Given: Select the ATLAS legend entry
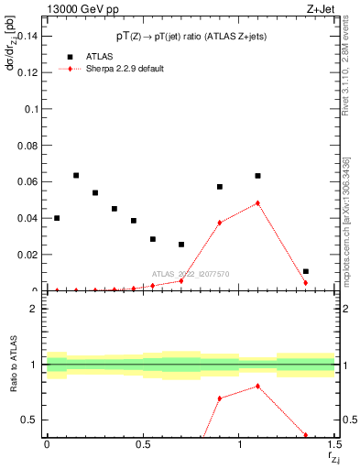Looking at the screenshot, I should (100, 56).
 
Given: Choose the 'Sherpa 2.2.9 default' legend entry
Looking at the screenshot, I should (125, 69).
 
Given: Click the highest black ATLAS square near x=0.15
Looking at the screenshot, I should (76, 175).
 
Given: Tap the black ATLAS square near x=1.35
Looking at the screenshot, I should (306, 271).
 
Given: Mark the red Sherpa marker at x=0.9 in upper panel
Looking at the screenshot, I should (220, 223).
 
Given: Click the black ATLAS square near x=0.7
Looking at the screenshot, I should (181, 245).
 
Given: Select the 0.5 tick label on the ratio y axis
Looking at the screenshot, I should (29, 420).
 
